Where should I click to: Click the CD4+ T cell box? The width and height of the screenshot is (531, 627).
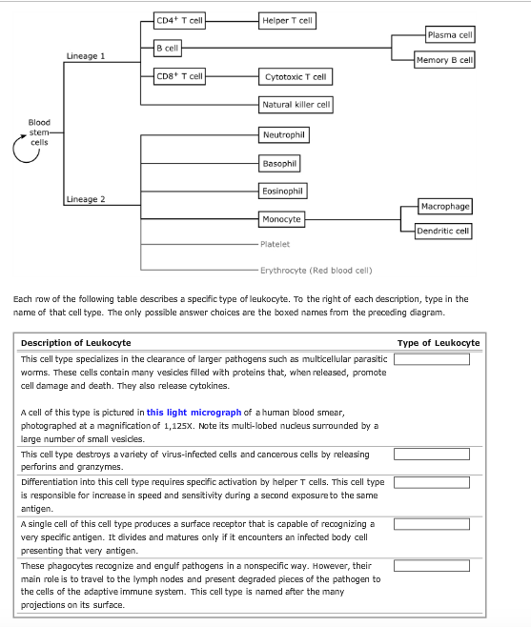(x=179, y=19)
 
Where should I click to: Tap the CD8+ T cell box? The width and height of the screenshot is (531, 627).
(x=179, y=75)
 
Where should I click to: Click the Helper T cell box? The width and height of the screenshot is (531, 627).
(x=287, y=19)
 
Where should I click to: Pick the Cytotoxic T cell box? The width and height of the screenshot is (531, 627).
(x=295, y=76)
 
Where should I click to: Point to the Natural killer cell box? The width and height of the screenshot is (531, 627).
(x=296, y=104)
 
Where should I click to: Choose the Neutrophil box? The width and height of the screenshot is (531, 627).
(x=283, y=135)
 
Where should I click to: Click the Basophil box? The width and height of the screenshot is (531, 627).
(x=279, y=163)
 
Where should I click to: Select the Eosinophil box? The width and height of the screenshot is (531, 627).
(x=283, y=192)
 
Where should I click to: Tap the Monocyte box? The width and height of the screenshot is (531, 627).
(x=281, y=219)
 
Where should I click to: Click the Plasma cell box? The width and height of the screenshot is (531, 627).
(x=449, y=34)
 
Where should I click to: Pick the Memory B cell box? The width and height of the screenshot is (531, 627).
(x=444, y=60)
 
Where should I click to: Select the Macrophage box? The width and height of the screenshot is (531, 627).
(x=445, y=206)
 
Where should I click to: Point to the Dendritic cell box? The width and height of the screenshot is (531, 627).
(x=443, y=231)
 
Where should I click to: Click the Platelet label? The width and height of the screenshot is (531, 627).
(x=275, y=245)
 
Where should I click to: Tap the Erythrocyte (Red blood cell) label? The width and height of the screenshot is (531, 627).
(x=316, y=270)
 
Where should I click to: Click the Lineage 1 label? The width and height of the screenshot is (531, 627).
(x=86, y=56)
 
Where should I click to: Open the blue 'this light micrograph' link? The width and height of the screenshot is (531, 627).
(x=194, y=412)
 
